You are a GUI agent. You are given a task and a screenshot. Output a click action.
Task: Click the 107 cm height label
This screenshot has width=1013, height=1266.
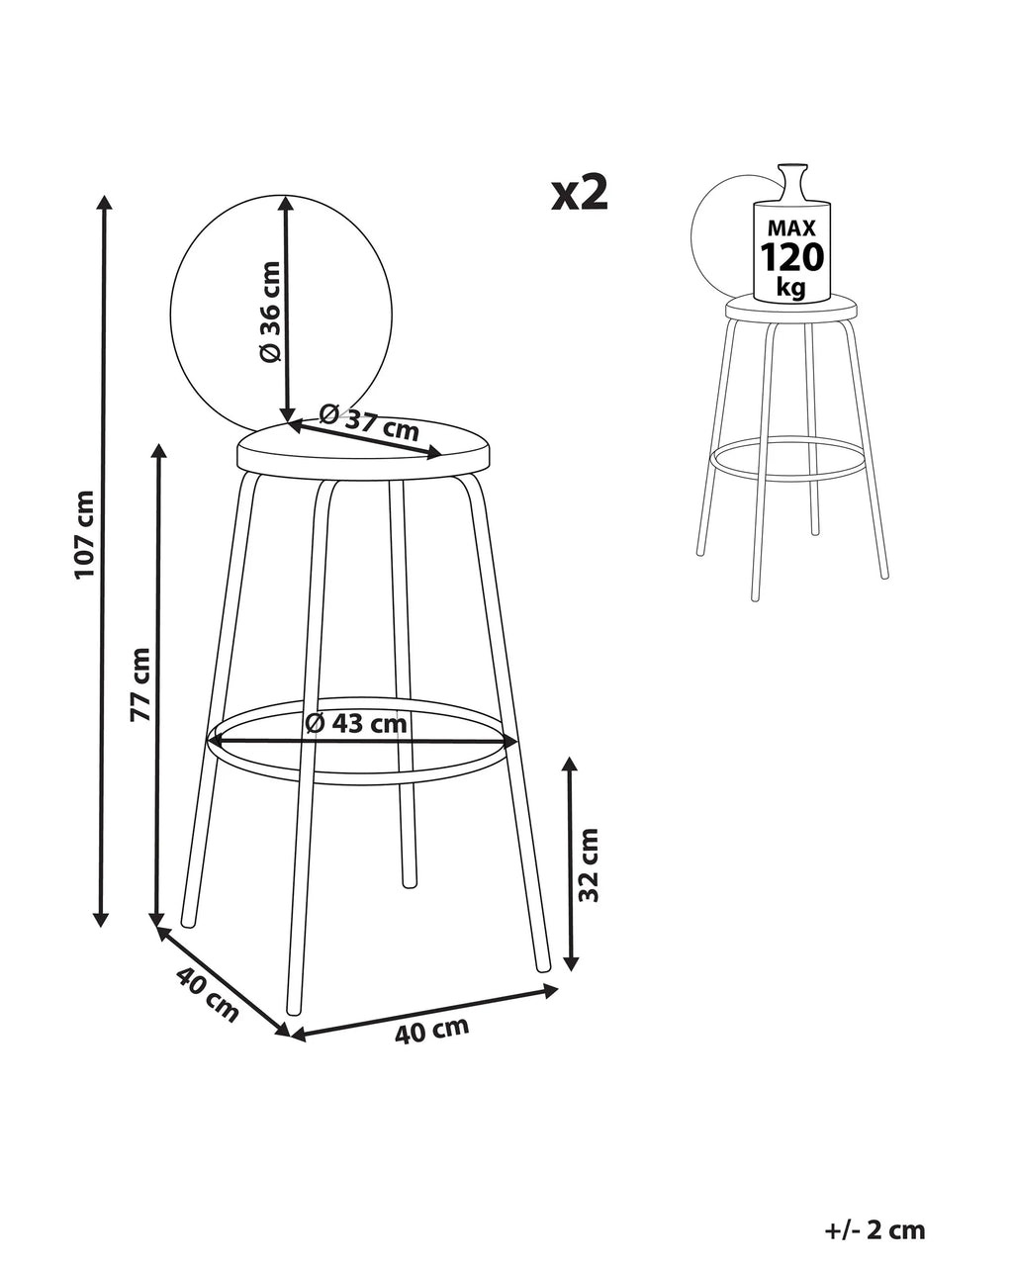coord(85,535)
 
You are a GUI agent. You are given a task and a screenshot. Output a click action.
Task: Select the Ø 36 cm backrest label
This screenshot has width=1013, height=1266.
coord(271,312)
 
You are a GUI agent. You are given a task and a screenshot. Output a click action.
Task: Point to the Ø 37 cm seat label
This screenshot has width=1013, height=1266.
coord(369,421)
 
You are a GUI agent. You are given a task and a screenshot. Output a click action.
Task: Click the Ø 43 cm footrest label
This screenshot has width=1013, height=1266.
coord(356,723)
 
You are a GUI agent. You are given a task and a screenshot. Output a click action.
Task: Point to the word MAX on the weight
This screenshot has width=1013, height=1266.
coord(791,227)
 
